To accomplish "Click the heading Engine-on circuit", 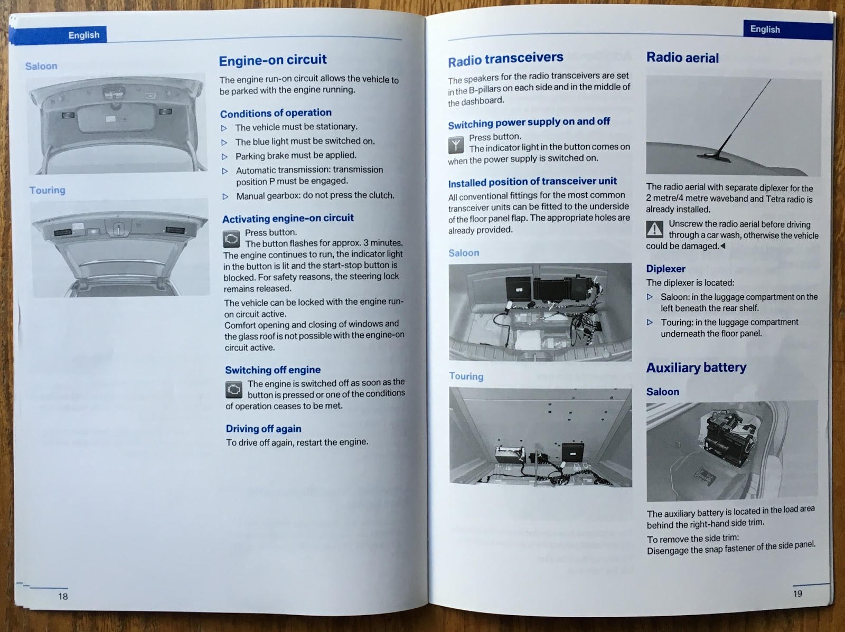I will (273, 60).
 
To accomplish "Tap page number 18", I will (63, 596).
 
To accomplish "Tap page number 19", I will (797, 593).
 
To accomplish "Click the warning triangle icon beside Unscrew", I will (655, 229).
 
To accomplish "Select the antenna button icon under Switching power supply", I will (456, 145).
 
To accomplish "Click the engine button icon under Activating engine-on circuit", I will (231, 239).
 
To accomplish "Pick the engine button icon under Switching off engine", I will (234, 390).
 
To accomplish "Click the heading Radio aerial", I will (682, 58).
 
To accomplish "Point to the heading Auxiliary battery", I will (696, 367).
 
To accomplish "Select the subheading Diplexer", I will (665, 269).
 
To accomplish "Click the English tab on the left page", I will (83, 35).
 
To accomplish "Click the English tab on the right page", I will (765, 29).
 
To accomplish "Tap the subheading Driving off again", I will (264, 429).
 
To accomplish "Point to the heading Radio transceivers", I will (505, 59).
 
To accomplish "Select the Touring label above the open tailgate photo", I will (47, 190).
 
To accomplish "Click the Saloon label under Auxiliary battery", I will (662, 392).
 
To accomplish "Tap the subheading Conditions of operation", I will (276, 113).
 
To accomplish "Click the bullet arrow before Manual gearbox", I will (225, 196).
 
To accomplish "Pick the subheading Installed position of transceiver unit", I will (532, 182).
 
